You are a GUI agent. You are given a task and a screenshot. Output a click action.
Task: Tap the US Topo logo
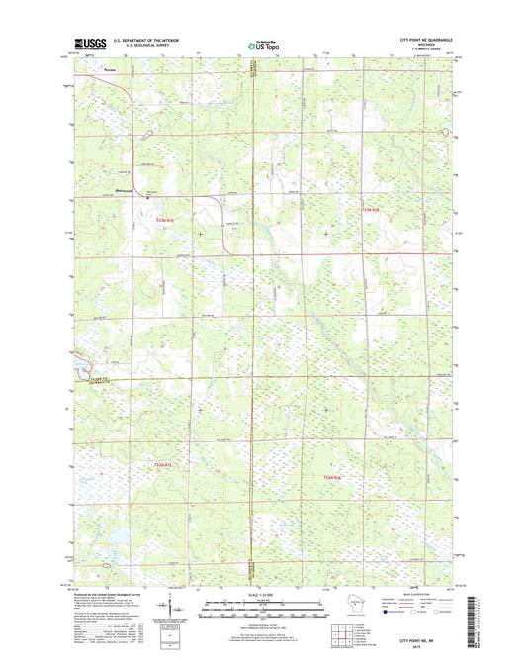pyautogui.click(x=262, y=44)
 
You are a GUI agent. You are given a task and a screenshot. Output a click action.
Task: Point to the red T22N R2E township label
pyautogui.click(x=333, y=478)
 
